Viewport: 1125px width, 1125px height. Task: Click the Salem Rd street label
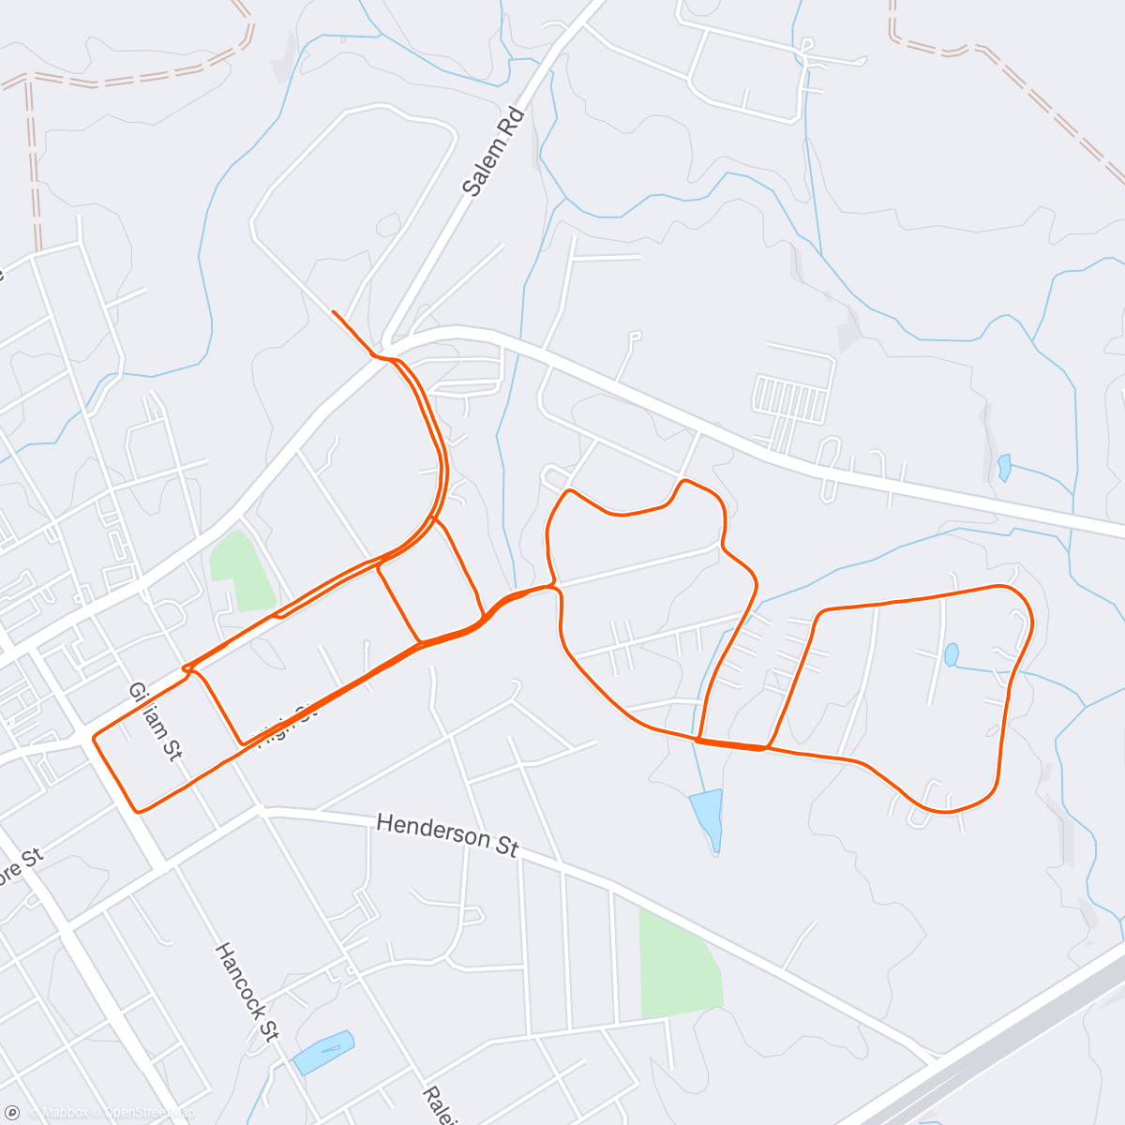tap(494, 152)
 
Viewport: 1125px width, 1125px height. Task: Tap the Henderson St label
tap(447, 833)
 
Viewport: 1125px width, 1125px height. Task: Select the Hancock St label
tap(247, 992)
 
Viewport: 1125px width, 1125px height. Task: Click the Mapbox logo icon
tap(12, 1112)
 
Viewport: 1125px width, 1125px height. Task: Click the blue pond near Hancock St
tap(323, 1051)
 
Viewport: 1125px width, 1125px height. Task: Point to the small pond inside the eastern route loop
tap(952, 653)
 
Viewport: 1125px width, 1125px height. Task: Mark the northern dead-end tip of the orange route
tap(334, 311)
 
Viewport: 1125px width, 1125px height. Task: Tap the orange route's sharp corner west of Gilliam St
tap(94, 738)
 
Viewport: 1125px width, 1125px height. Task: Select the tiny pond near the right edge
tap(1004, 466)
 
